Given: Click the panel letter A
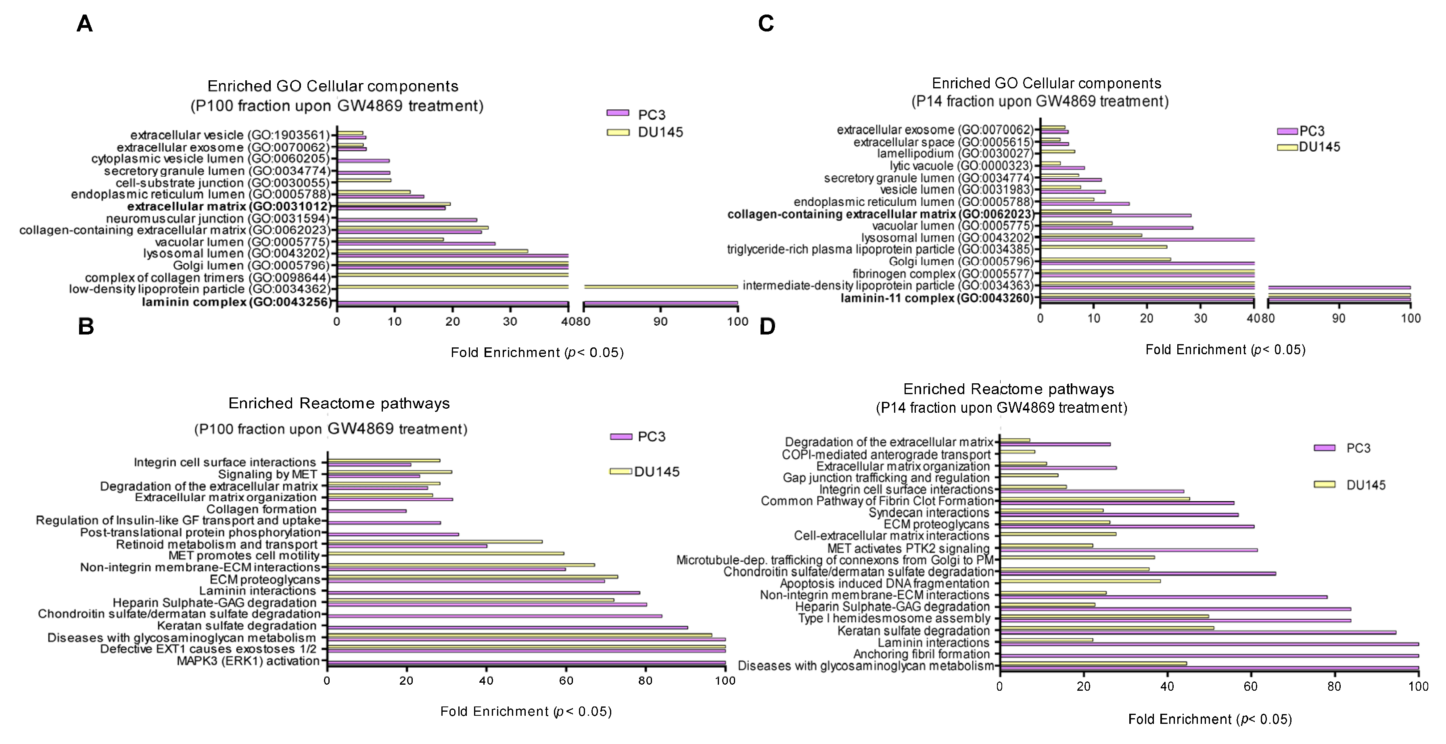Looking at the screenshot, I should point(84,24).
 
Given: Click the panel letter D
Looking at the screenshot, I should point(767,326).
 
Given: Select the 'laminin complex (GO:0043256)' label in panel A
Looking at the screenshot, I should point(236,303).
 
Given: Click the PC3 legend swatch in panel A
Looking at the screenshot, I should point(617,113).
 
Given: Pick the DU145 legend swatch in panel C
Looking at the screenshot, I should point(1287,147).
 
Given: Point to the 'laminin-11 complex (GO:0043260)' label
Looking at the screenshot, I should point(937,298).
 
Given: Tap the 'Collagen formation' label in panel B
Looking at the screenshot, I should point(261,509).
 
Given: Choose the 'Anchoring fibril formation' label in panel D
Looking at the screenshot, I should point(921,654).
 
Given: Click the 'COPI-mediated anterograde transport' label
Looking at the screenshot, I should point(886,454).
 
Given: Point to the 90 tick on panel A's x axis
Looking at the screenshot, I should point(661,322).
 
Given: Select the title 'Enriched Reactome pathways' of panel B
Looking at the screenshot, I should point(339,404).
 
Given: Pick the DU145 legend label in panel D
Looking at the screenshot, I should point(1366,485).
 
